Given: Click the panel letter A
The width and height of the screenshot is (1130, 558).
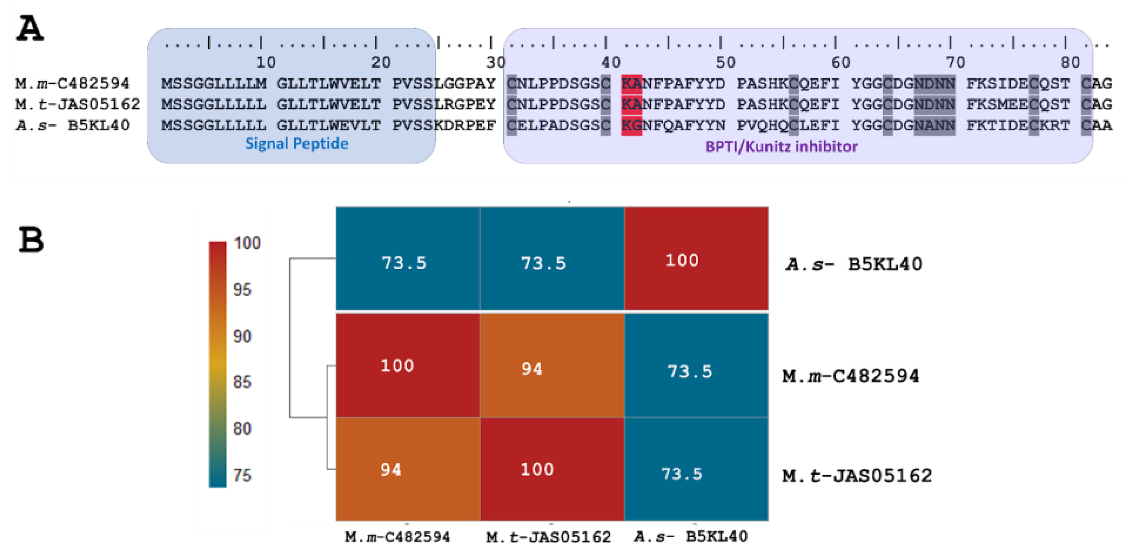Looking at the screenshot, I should click(30, 28).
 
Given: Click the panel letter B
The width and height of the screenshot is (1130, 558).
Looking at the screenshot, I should click(31, 240).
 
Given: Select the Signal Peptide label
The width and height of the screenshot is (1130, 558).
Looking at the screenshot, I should click(297, 143).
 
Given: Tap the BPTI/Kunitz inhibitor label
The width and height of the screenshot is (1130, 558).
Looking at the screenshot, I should click(781, 147).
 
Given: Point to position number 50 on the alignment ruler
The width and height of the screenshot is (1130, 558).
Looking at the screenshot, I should click(726, 62).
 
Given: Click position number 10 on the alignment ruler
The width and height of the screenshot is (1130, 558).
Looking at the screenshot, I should click(266, 62).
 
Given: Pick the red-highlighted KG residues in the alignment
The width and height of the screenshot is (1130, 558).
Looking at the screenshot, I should click(632, 125).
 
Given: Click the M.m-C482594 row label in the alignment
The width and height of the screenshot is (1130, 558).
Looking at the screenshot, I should click(72, 83).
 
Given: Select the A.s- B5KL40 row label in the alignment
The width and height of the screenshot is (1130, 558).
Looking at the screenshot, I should click(72, 125).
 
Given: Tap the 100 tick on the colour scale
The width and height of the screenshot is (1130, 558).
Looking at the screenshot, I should click(247, 243).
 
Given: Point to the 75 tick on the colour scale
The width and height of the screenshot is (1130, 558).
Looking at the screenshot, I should click(242, 475).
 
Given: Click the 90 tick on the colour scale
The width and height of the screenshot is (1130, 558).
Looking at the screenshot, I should click(242, 336).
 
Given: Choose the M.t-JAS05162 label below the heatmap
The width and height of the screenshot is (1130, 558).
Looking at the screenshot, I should click(548, 537).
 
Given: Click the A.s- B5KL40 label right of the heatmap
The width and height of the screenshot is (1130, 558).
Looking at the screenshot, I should click(854, 264).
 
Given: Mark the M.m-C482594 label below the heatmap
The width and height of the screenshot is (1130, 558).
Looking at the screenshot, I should click(397, 537).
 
